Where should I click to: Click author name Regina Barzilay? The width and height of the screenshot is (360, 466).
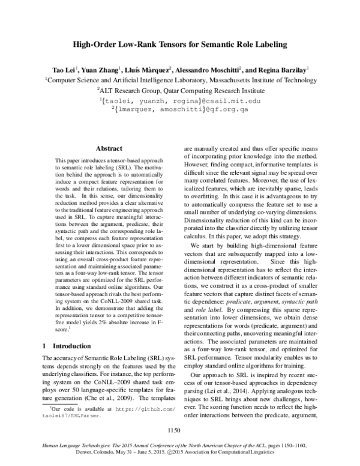(285, 69)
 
